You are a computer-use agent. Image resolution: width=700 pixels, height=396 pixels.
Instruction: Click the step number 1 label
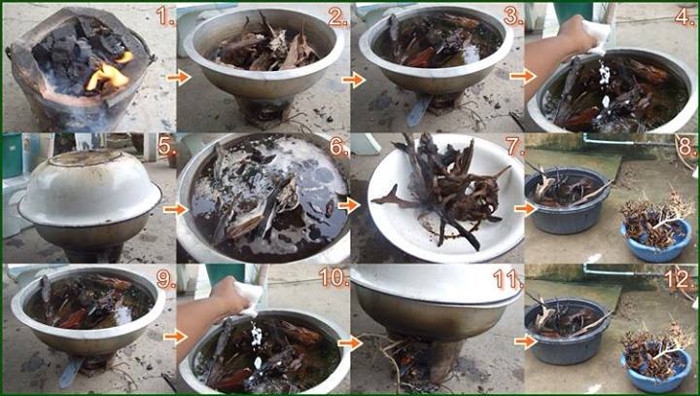tap(165, 17)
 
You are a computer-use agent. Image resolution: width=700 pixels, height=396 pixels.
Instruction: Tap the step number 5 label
tap(166, 146)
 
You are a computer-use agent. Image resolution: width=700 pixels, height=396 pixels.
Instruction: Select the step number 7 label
tap(514, 146)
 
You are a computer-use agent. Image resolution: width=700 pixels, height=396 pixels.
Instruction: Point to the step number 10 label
tap(334, 277)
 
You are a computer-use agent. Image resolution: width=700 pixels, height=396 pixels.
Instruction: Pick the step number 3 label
tap(514, 17)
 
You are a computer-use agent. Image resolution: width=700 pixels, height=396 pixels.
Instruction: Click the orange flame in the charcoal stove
tap(107, 74)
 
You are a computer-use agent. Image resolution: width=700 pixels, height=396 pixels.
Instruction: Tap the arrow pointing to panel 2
tap(179, 78)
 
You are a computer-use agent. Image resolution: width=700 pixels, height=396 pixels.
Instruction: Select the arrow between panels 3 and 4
tap(521, 77)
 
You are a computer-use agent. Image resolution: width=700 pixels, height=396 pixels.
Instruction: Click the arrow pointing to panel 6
tap(175, 209)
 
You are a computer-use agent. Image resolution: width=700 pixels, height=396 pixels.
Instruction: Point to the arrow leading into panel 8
tap(526, 208)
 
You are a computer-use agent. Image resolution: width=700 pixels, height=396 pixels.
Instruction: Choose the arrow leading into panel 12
tap(526, 342)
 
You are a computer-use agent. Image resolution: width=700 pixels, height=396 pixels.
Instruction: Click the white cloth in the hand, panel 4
tap(595, 33)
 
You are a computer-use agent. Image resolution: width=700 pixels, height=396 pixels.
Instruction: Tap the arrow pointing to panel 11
tap(350, 342)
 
